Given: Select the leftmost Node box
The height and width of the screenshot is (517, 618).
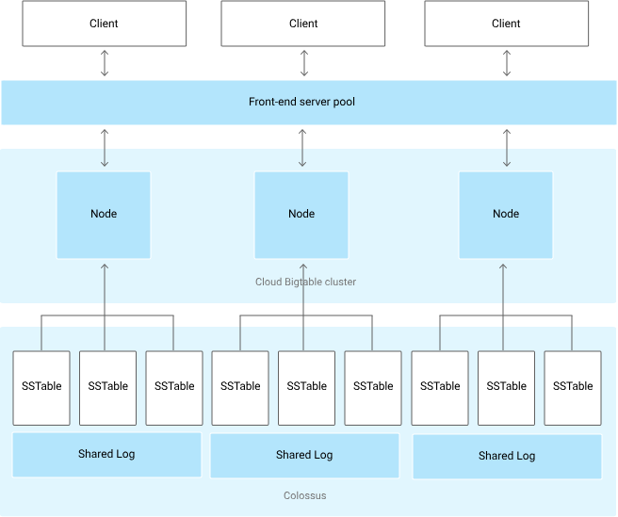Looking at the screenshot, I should [x=104, y=215].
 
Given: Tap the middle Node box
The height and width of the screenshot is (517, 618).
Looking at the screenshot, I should [x=301, y=215].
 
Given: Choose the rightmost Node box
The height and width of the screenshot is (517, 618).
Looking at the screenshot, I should [x=506, y=215].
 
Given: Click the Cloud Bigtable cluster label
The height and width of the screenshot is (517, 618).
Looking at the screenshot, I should [x=305, y=282].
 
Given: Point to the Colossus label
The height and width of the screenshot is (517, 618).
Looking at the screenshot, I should [x=304, y=495].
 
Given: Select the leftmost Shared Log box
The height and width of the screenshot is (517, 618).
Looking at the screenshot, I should [x=106, y=455].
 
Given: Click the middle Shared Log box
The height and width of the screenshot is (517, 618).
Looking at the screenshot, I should [x=304, y=456].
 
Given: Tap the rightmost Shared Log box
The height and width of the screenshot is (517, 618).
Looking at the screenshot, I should [x=507, y=457].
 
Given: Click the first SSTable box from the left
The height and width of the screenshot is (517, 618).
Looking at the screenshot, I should [x=41, y=387].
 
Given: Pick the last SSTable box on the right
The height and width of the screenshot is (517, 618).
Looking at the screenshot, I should [x=573, y=387].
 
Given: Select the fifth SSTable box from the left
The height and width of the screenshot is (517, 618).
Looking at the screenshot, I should [x=307, y=387].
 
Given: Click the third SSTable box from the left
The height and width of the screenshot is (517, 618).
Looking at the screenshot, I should [x=174, y=387].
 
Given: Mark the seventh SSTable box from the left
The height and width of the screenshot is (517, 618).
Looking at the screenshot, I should [x=440, y=387].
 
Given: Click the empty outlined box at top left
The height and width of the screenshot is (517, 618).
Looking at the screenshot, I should [x=104, y=24].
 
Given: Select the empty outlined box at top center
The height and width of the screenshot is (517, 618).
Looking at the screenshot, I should [x=303, y=24].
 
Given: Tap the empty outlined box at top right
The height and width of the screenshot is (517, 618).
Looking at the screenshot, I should [x=507, y=24].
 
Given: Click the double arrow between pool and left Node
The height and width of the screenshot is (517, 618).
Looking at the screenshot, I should [x=104, y=149].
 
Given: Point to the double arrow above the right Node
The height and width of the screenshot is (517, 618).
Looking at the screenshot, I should [x=507, y=149].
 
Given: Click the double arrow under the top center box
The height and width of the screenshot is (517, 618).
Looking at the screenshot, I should [x=303, y=63].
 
